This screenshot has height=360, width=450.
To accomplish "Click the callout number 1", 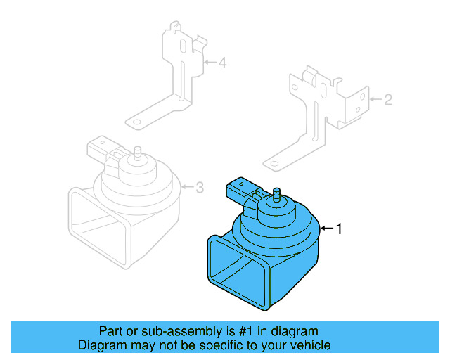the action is (x=339, y=229).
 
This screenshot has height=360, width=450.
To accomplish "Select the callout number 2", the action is (x=388, y=100).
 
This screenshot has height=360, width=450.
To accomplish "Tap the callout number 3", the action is (x=200, y=188).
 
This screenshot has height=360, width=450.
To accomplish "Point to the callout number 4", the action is (x=223, y=63).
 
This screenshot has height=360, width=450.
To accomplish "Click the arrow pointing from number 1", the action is (x=327, y=229).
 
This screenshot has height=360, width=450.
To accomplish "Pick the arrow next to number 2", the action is (x=375, y=99).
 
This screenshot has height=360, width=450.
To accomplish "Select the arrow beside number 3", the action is (x=188, y=187).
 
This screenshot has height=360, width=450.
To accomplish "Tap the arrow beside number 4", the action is (x=210, y=62).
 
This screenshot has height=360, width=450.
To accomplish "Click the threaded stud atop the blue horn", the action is (x=276, y=195).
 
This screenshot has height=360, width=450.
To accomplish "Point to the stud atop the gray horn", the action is (x=138, y=153).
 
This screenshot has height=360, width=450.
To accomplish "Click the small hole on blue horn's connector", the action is (x=241, y=184).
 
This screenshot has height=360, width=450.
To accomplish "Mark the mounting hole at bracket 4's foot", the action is (x=137, y=122).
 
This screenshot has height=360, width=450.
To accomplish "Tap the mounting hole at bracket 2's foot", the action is (x=274, y=164).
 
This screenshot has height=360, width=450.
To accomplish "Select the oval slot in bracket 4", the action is (x=183, y=46).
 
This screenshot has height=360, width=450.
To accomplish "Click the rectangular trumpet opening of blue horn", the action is (x=239, y=273).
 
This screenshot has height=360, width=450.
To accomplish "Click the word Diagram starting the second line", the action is (x=102, y=345).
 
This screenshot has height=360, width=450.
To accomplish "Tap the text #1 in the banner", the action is (x=245, y=331).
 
